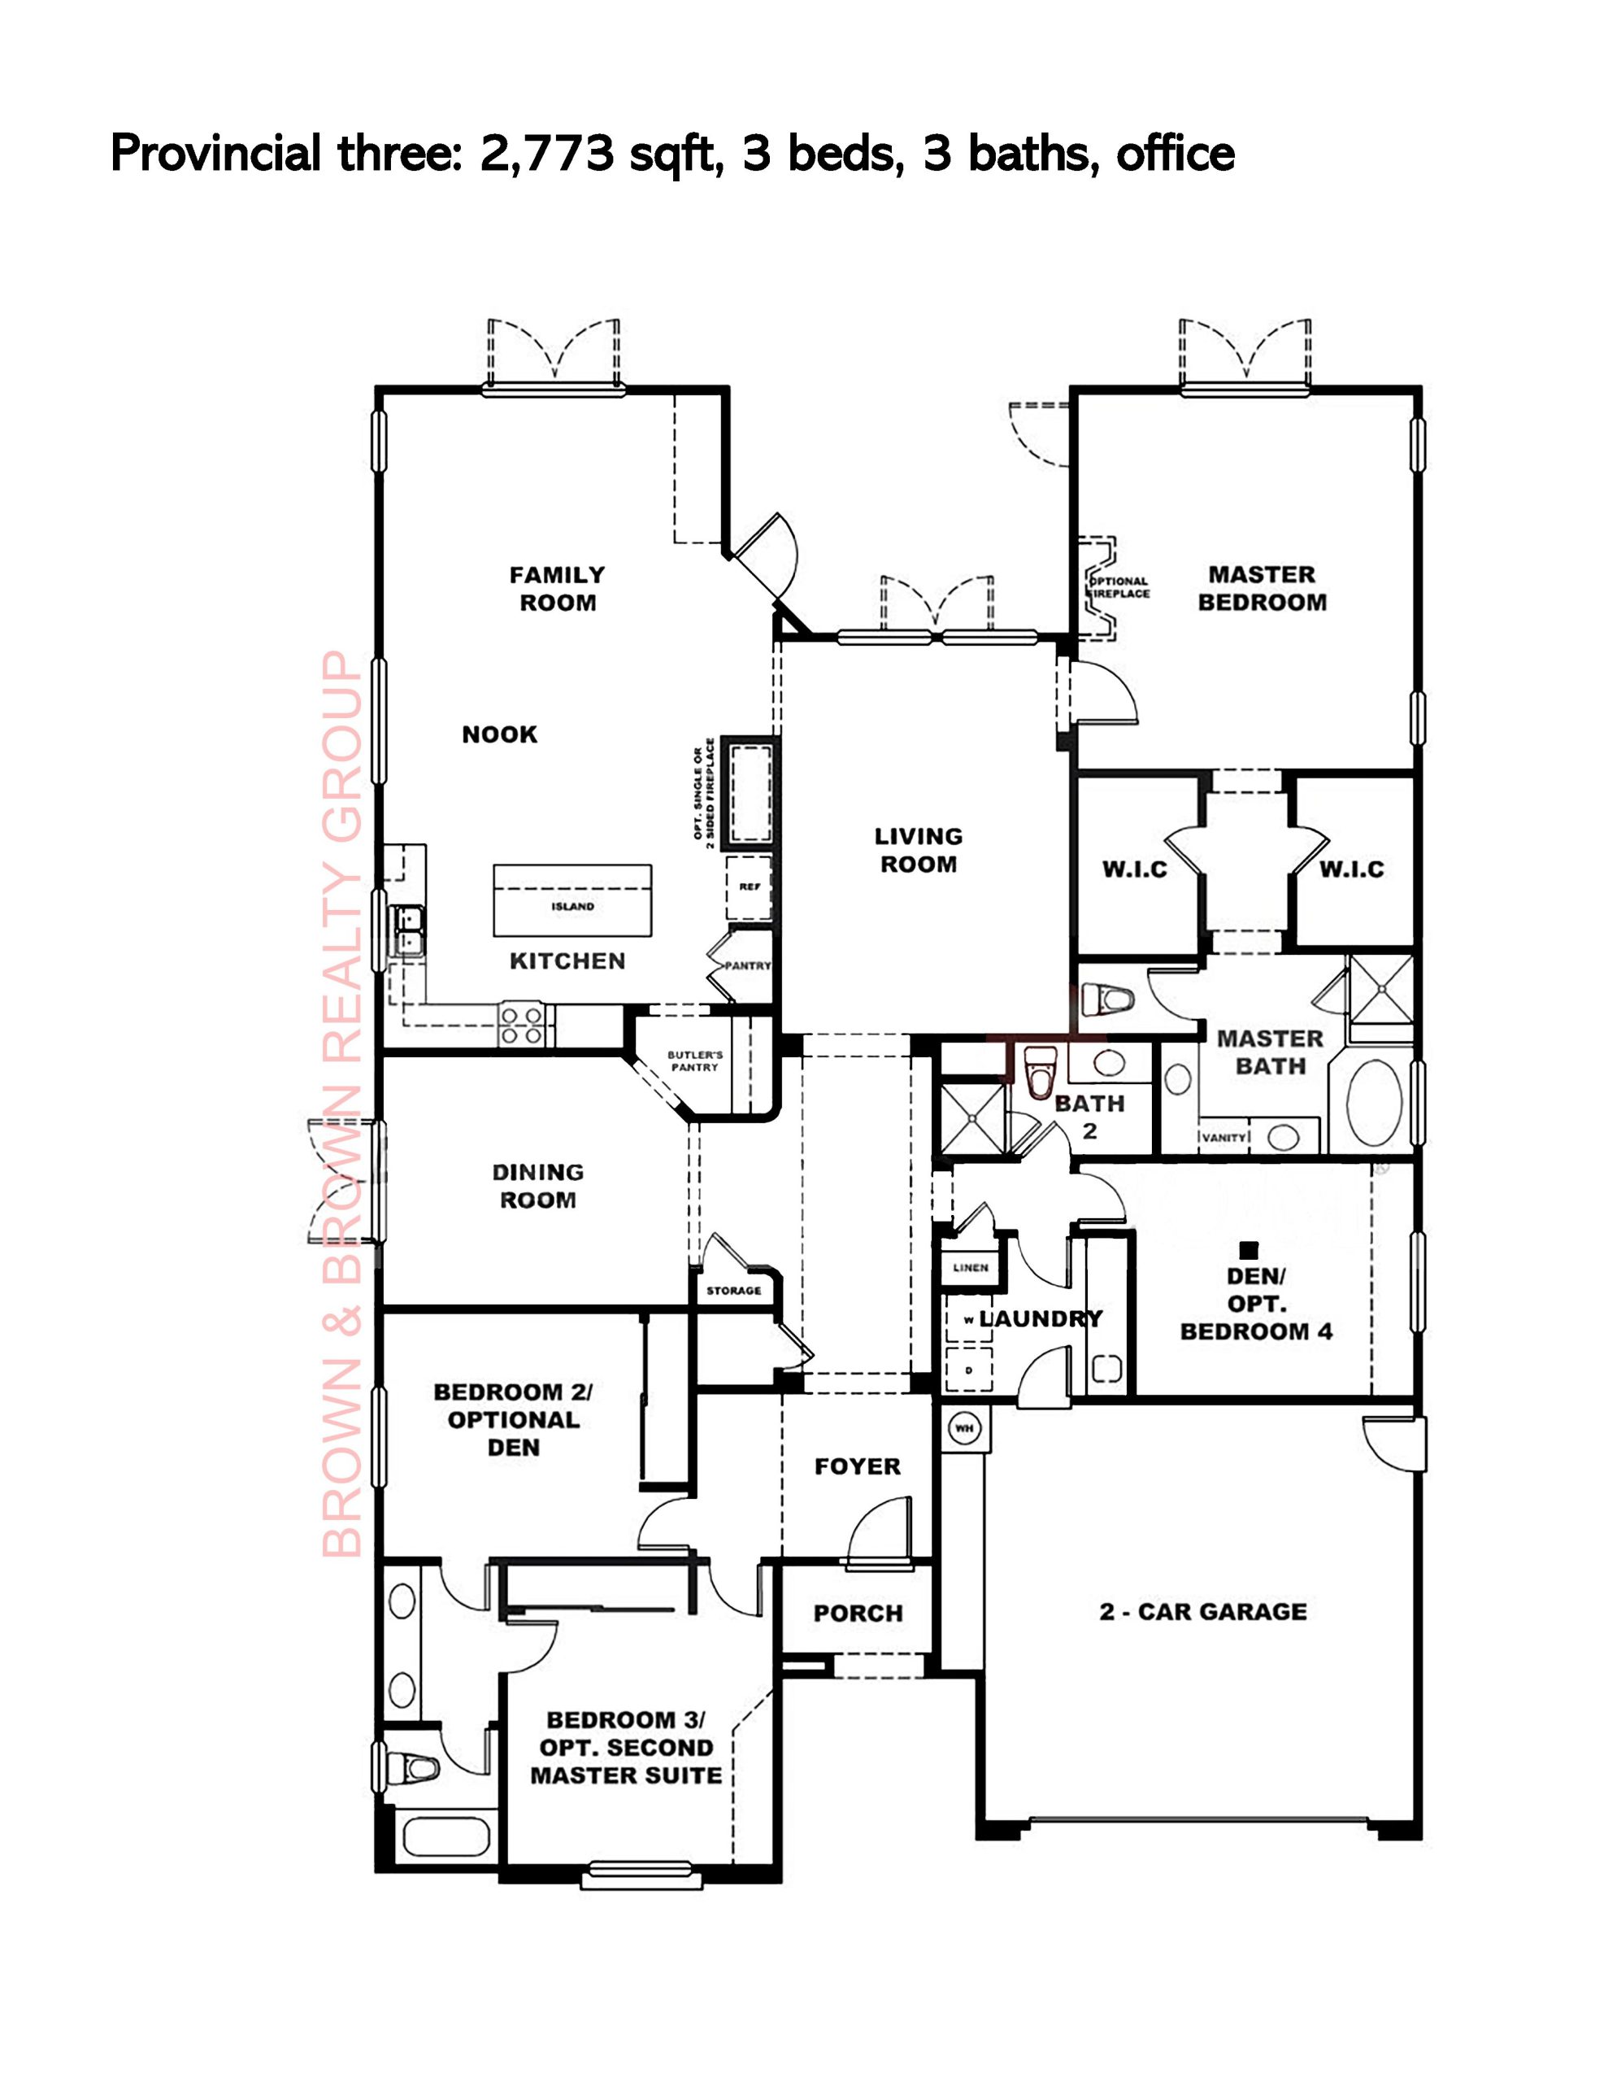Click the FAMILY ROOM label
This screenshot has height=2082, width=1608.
(x=558, y=589)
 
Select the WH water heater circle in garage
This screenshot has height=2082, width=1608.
(x=963, y=1428)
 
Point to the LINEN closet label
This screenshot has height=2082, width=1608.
(x=971, y=1268)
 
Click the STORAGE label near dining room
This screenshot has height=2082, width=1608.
(x=733, y=1291)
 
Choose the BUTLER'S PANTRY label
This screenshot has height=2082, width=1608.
(x=694, y=1061)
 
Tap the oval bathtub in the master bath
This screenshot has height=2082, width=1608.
(x=1374, y=1104)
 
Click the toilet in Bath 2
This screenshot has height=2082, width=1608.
(x=1037, y=1070)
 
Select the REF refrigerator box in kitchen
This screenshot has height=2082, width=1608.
(x=750, y=887)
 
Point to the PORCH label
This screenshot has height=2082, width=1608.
(x=858, y=1614)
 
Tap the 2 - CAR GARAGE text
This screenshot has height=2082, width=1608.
(x=1203, y=1612)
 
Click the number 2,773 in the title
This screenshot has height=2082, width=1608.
(x=546, y=154)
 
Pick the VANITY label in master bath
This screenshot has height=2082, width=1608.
(x=1223, y=1137)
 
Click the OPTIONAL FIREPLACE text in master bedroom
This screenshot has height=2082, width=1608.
(x=1119, y=587)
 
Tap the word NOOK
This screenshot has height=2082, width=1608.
(x=499, y=734)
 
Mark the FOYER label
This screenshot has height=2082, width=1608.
(x=857, y=1466)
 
